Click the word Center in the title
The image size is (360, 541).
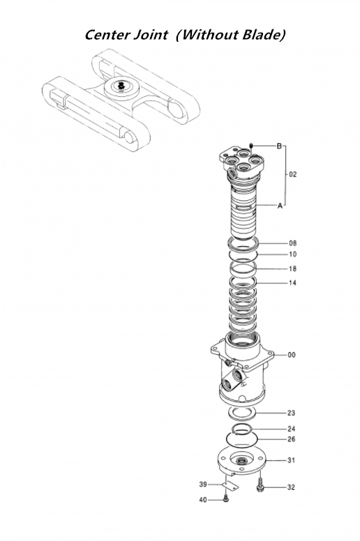click(x=108, y=34)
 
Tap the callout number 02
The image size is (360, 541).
click(x=292, y=174)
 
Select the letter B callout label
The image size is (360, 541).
click(x=279, y=146)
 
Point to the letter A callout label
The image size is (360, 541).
click(x=280, y=206)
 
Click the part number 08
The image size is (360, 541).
click(x=292, y=243)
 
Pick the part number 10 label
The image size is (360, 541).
click(x=292, y=254)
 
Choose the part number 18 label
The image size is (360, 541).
click(x=292, y=268)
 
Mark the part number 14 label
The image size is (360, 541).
click(x=292, y=283)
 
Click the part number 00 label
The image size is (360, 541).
click(x=292, y=355)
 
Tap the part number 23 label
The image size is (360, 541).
click(x=292, y=413)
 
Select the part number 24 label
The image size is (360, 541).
click(x=292, y=429)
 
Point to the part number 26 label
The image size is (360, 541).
click(x=292, y=439)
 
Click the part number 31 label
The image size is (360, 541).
click(x=292, y=461)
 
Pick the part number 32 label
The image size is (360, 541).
click(x=292, y=487)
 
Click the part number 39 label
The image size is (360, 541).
click(x=203, y=485)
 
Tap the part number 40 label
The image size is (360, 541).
click(x=203, y=499)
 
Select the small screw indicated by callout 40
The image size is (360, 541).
click(x=226, y=498)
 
